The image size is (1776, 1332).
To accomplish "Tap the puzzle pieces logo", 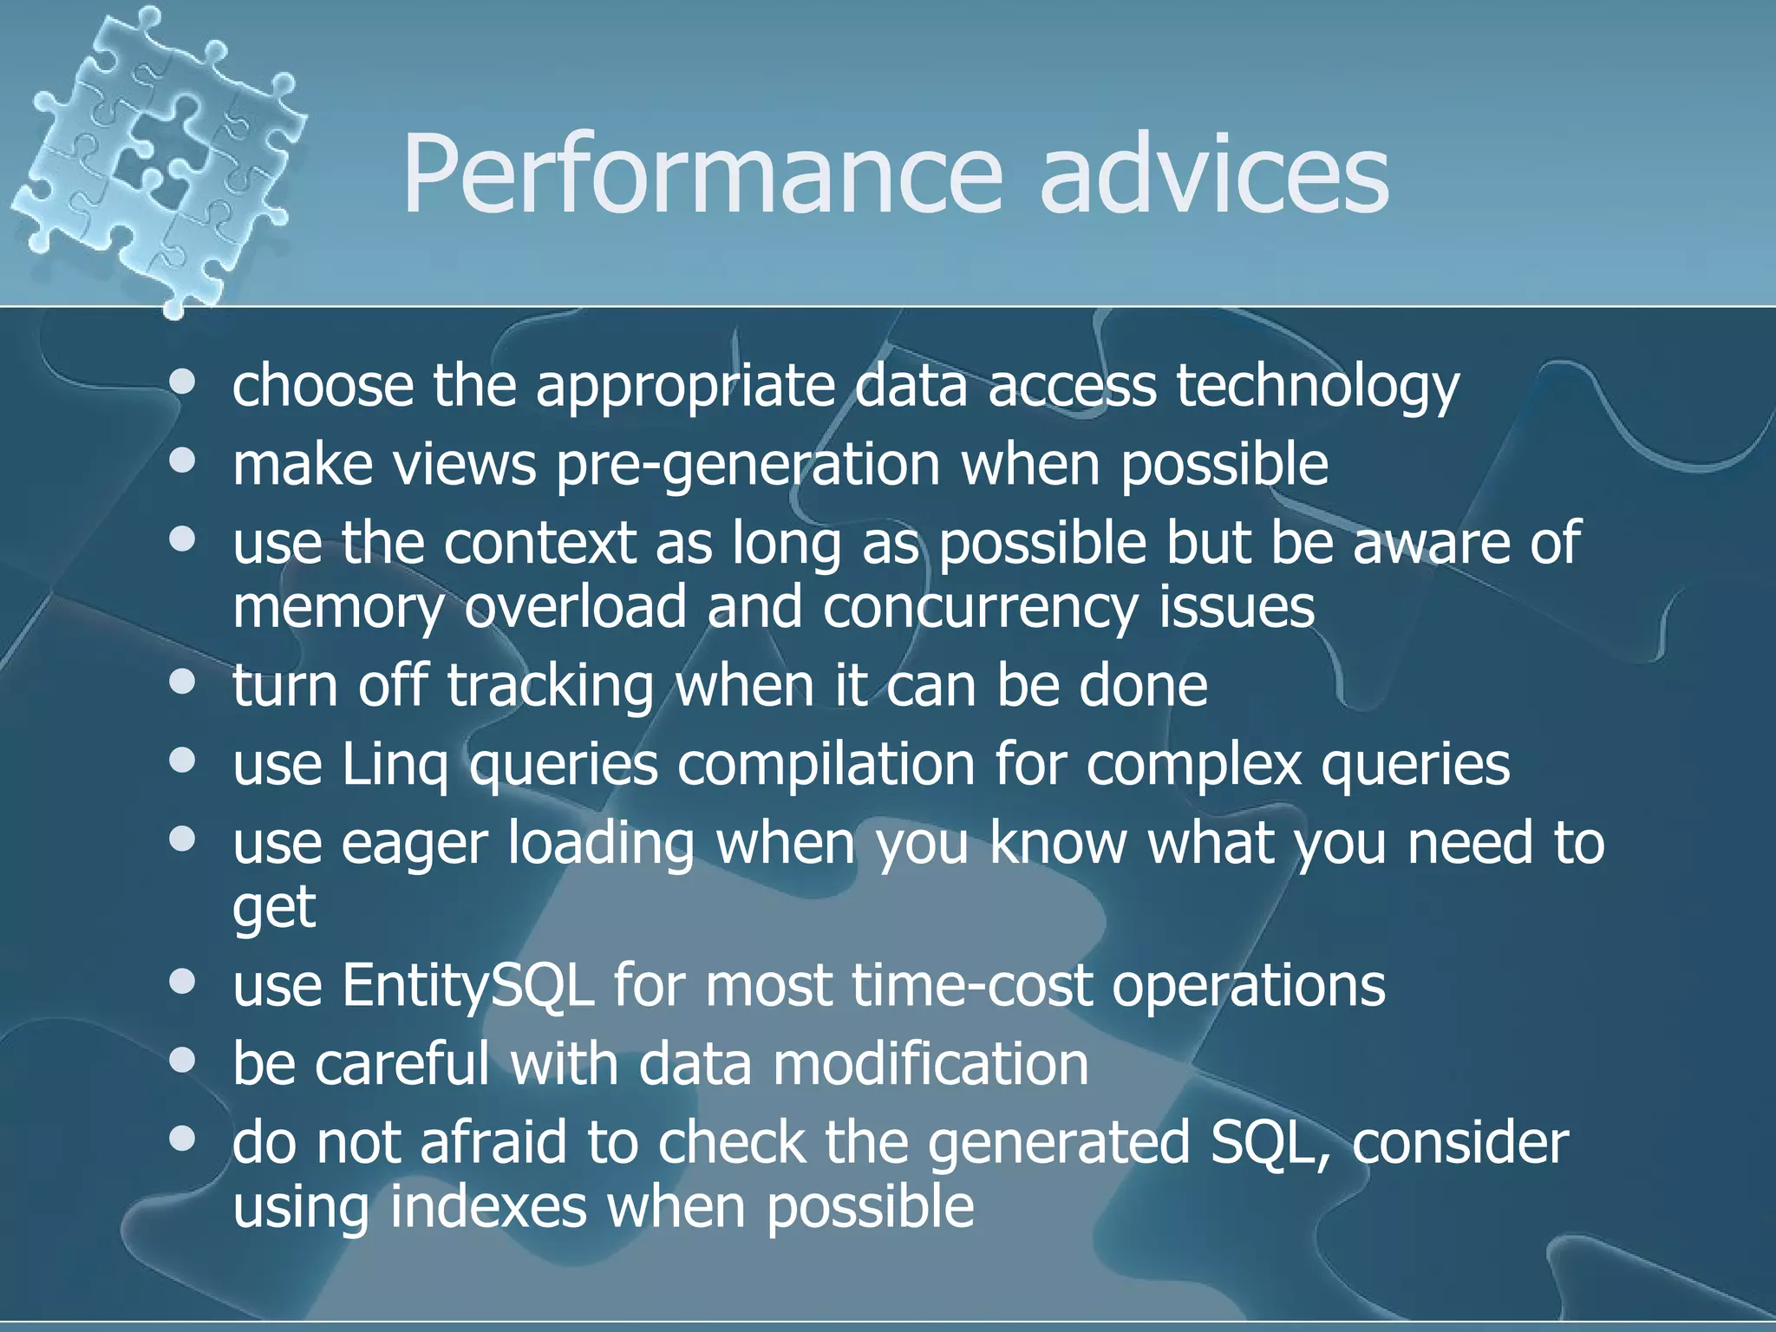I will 156,156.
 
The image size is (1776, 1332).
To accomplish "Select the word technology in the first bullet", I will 1317,387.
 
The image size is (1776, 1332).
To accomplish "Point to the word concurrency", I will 980,607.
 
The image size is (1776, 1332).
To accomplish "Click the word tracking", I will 550,686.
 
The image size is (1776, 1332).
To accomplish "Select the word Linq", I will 395,766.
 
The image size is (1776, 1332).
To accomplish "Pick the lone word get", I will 274,909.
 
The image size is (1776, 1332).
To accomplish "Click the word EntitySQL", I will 467,987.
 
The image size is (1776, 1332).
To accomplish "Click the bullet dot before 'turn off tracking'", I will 183,682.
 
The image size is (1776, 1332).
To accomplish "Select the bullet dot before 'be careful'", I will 183,1061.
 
